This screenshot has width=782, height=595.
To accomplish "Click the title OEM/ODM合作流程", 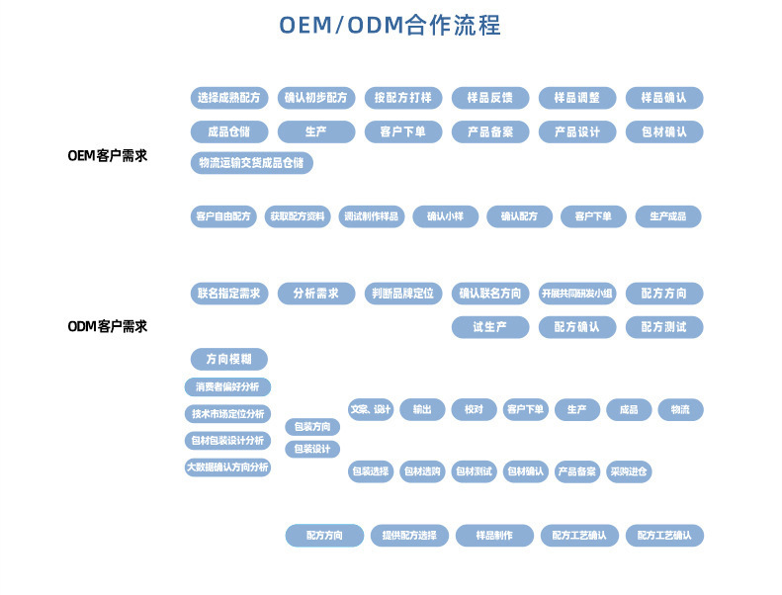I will coord(390,25).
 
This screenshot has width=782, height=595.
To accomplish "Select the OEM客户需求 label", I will coord(107,155).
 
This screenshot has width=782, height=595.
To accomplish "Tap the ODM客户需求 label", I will coord(107,326).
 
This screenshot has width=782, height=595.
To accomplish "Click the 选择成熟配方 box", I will coord(229,98).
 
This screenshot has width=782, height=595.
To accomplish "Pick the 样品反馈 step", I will coord(490,98).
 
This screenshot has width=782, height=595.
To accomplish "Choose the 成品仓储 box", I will coord(229,131).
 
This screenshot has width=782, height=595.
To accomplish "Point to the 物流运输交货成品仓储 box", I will coord(251,163).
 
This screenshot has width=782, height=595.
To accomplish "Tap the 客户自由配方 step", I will coord(223,216).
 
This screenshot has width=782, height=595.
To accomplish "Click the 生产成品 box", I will coord(667,216).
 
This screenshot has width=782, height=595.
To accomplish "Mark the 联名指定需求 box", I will coord(229,294).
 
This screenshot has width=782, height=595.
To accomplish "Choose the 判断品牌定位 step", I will coord(402,294).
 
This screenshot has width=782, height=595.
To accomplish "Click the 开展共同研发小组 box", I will coord(577,294).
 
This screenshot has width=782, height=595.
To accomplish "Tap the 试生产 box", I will coord(490,327).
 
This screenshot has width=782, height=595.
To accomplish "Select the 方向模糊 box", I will coord(228,359).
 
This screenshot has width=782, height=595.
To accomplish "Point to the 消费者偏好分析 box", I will coord(227,387).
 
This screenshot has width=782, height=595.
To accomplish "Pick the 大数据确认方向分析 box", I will coord(227,467).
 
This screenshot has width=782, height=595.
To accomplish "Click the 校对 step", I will coord(474,410).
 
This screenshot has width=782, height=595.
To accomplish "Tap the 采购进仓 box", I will coord(629,472).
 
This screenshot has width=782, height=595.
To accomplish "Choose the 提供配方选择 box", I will coord(409,536).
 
